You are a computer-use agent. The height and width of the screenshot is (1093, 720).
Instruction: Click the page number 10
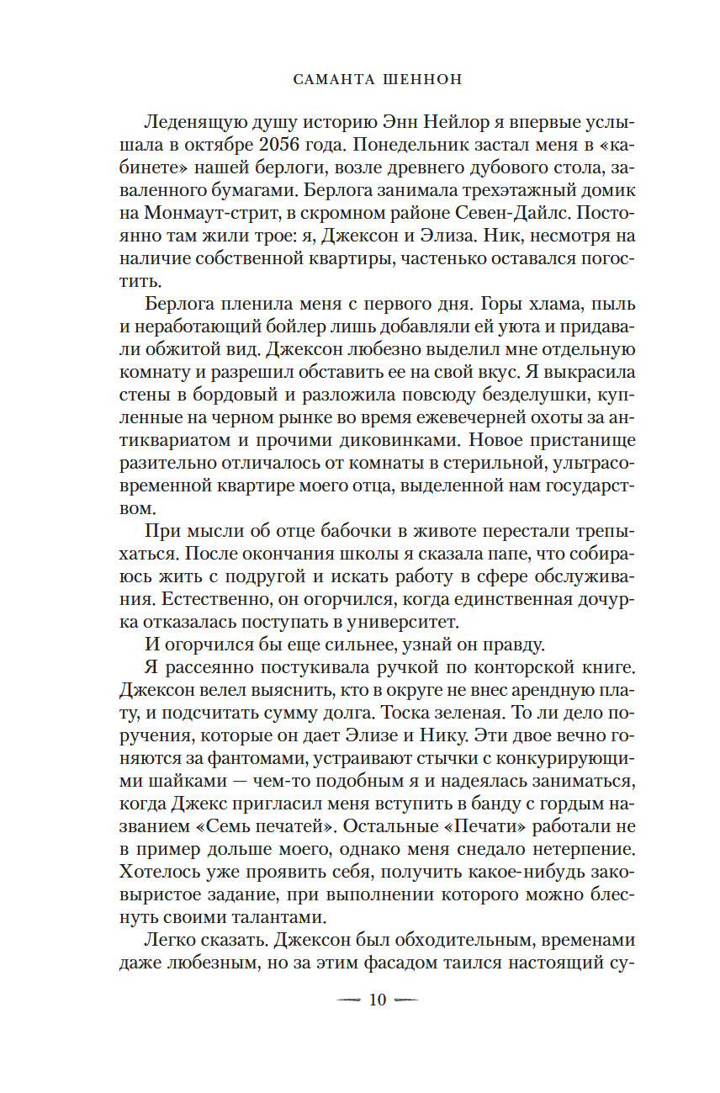tap(377, 1000)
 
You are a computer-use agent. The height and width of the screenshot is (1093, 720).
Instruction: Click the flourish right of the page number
tap(405, 1000)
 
